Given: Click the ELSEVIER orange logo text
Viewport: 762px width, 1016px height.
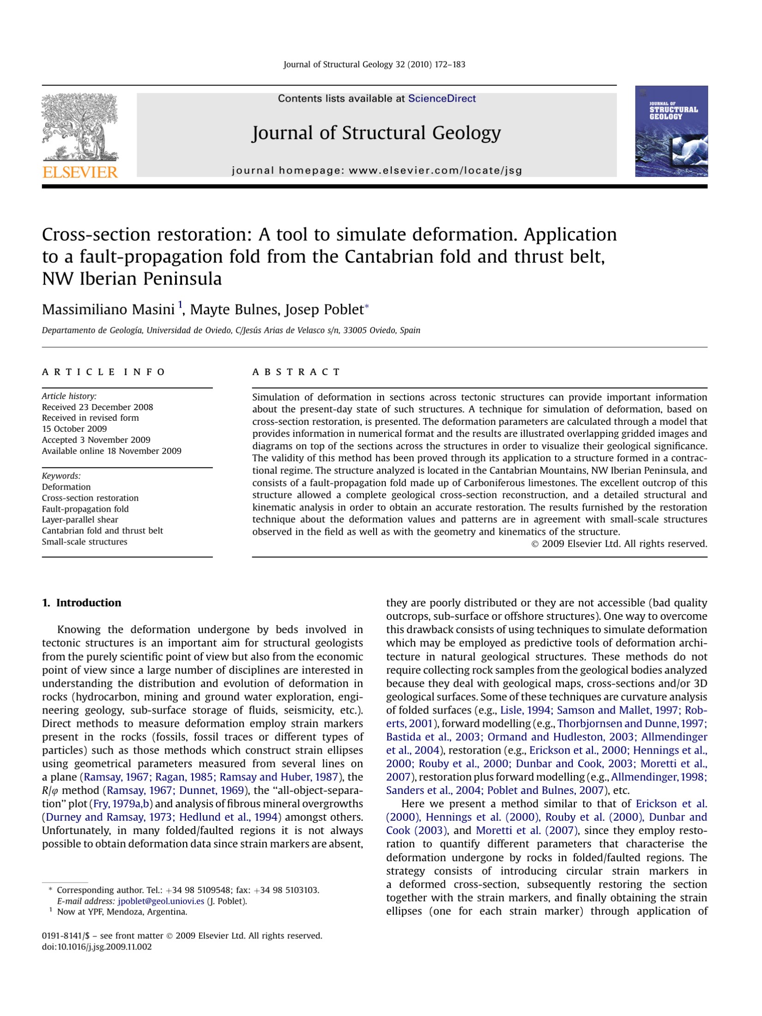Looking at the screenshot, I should [x=80, y=172].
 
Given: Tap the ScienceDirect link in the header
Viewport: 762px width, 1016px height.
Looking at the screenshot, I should [x=441, y=98].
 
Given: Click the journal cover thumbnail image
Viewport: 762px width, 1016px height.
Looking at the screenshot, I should [x=671, y=131].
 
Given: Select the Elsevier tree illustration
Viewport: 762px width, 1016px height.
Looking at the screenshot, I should [x=79, y=127].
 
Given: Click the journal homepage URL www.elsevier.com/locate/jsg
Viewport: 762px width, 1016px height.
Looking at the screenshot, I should [x=435, y=170].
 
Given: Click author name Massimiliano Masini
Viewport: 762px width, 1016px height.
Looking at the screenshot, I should [x=108, y=309].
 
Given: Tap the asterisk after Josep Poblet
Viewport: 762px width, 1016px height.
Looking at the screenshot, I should [x=367, y=306].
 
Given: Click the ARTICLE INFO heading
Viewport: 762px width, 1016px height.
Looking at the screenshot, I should [x=103, y=372].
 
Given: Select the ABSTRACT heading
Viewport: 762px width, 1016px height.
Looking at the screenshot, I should [x=296, y=372].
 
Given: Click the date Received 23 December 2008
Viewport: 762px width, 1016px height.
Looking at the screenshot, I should [x=97, y=407].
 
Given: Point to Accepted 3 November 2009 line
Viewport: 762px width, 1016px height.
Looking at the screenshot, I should [x=96, y=440].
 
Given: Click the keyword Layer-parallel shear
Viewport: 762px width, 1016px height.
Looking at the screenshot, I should [x=80, y=520].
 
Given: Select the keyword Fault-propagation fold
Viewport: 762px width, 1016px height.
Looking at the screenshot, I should [x=85, y=509].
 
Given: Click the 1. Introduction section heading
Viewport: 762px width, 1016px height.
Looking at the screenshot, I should [x=82, y=603].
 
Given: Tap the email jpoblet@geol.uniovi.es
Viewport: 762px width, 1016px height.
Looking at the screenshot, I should [x=161, y=901].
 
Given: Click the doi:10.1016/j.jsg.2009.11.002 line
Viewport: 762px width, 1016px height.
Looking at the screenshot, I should [x=97, y=947].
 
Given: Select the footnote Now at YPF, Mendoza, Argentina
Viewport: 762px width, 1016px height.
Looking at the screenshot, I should [x=122, y=912].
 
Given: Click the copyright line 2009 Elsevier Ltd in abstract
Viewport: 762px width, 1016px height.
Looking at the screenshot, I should [x=620, y=544].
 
